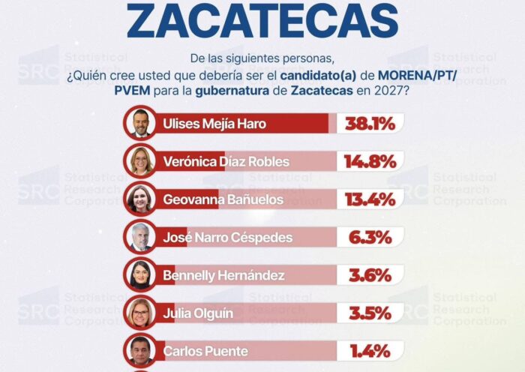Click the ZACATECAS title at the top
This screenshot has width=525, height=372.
click(x=262, y=20)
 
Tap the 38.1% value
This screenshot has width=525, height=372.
click(x=370, y=124)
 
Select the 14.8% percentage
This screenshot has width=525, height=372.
click(x=370, y=162)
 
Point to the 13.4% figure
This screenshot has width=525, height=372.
click(x=370, y=199)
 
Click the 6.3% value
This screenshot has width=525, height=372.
click(x=370, y=238)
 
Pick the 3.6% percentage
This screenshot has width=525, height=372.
click(x=370, y=275)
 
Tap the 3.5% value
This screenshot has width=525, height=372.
click(x=370, y=313)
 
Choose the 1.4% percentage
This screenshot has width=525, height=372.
click(x=370, y=351)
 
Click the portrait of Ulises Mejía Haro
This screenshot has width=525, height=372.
click(x=140, y=123)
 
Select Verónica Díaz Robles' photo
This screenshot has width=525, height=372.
click(x=140, y=161)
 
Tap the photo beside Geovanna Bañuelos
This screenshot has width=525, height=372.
click(x=140, y=199)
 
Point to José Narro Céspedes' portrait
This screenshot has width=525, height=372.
click(x=140, y=237)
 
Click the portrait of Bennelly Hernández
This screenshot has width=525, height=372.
click(x=140, y=275)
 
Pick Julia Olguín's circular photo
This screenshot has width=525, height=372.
click(x=140, y=313)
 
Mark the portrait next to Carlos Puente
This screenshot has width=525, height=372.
click(x=140, y=350)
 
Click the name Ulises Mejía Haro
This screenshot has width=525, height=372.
click(x=214, y=124)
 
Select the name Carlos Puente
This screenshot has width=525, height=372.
click(x=205, y=352)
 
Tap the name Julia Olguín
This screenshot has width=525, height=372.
click(x=198, y=313)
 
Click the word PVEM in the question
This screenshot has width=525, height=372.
click(x=132, y=91)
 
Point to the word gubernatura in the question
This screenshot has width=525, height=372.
click(x=232, y=91)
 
